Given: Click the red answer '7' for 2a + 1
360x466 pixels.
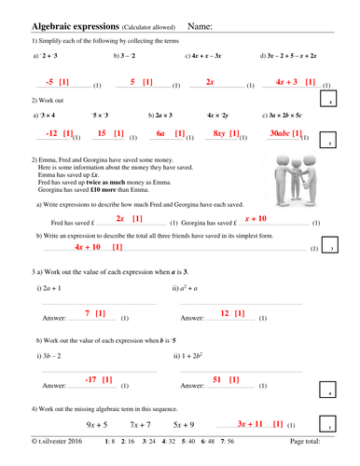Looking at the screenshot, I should [x=88, y=313].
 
